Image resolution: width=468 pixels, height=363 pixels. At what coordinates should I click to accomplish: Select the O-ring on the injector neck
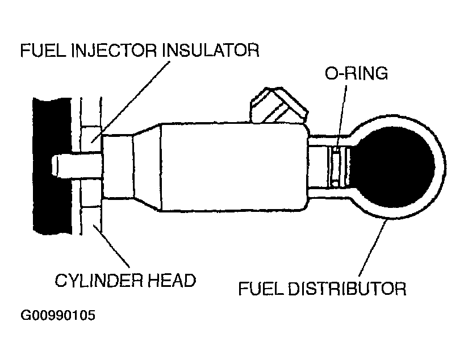point(336,167)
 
